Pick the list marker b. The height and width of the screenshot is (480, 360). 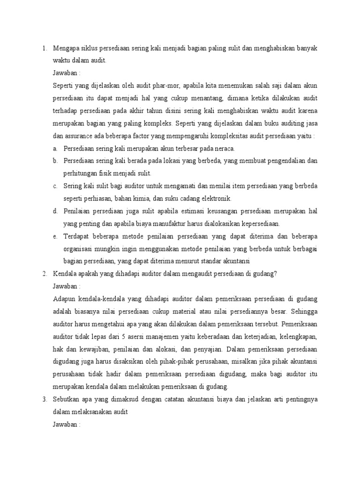[x=55, y=161]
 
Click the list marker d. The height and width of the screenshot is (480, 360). [x=55, y=211]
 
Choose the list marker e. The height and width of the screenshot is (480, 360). [x=55, y=236]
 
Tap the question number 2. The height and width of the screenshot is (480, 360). [x=44, y=273]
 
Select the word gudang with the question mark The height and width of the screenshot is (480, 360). [x=265, y=273]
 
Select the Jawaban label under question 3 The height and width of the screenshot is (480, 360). [x=67, y=424]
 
